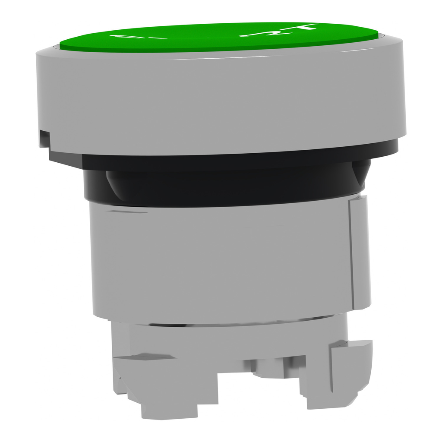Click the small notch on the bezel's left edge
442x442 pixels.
44,138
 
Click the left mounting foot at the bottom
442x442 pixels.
168,388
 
